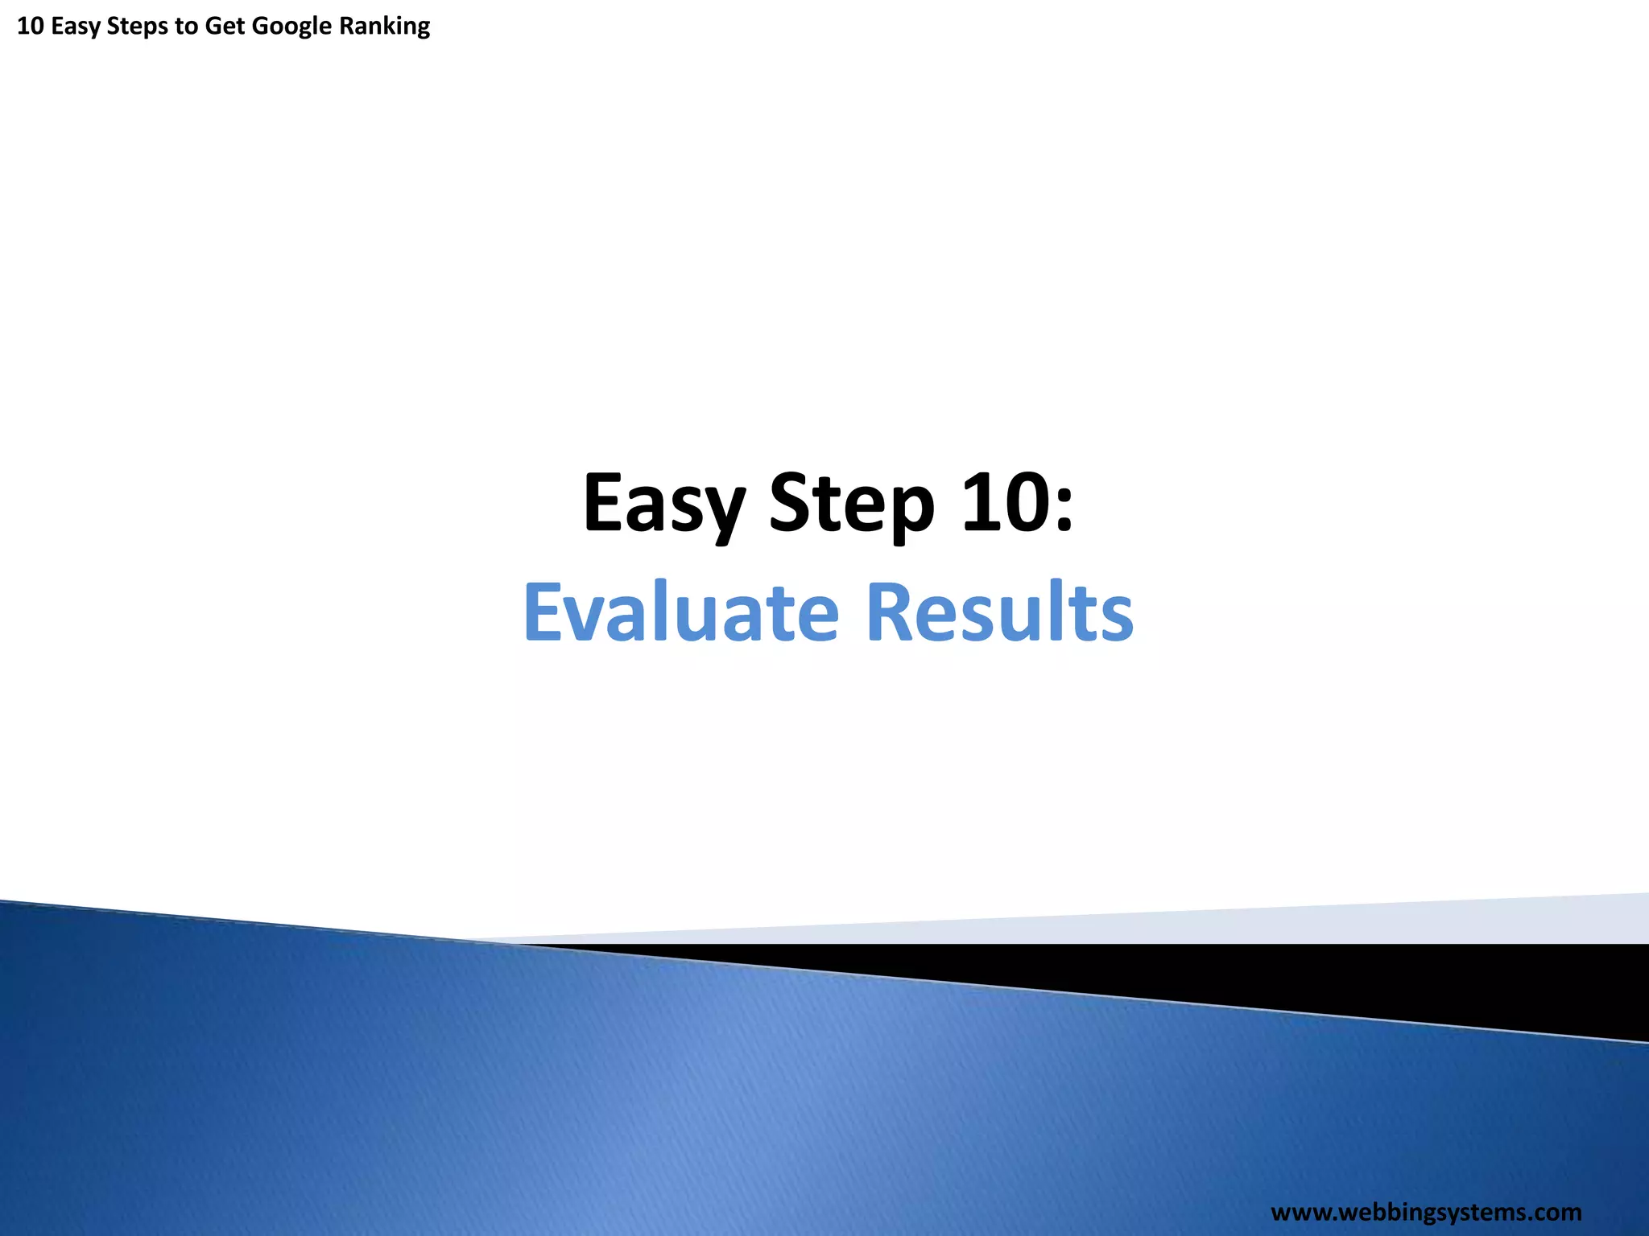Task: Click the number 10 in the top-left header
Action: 30,26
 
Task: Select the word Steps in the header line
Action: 137,27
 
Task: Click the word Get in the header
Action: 225,27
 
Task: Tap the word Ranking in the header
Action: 385,27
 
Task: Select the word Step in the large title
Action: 852,504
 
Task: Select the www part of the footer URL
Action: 1300,1212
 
